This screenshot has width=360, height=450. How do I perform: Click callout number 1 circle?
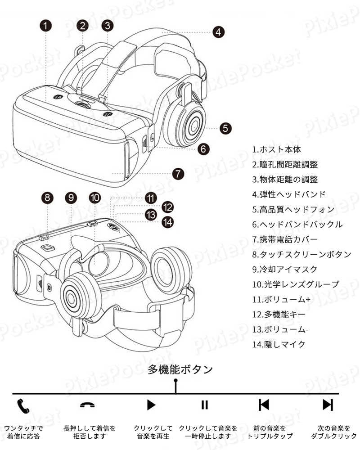tap(45, 26)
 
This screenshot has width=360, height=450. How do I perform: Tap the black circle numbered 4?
tap(218, 32)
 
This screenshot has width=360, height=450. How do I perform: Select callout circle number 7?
tap(178, 174)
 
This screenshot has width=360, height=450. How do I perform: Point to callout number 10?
tap(95, 198)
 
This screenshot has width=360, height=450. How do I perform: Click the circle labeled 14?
tap(168, 222)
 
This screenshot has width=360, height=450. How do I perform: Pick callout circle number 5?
tap(225, 128)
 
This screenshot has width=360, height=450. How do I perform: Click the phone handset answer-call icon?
tap(23, 405)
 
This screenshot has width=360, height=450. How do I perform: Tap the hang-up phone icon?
tap(88, 405)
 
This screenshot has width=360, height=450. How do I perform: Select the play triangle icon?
tap(151, 405)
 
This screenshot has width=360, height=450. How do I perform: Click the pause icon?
tap(204, 405)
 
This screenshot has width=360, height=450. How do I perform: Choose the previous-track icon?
tap(264, 405)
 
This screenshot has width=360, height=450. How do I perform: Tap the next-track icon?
tap(328, 405)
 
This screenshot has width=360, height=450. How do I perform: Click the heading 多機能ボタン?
tap(180, 369)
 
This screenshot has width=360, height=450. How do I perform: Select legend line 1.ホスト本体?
tap(276, 149)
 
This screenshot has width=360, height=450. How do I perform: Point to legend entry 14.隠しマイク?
tap(279, 344)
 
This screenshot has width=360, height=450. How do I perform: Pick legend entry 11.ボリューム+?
tap(281, 299)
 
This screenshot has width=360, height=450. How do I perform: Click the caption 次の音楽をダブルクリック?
tap(334, 432)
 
